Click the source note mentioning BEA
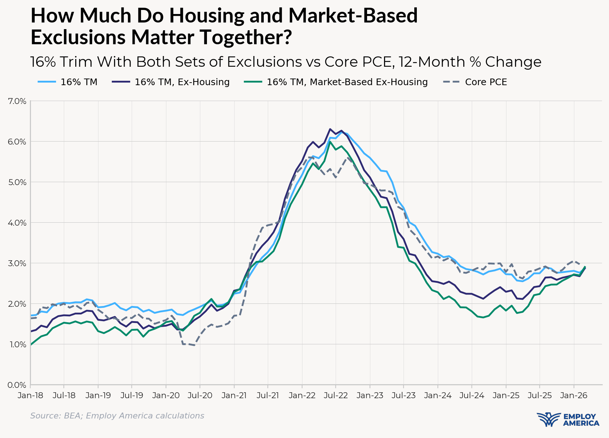(x=117, y=416)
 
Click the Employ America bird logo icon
(x=549, y=420)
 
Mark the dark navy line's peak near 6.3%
(x=330, y=129)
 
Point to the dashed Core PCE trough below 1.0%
(x=194, y=345)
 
